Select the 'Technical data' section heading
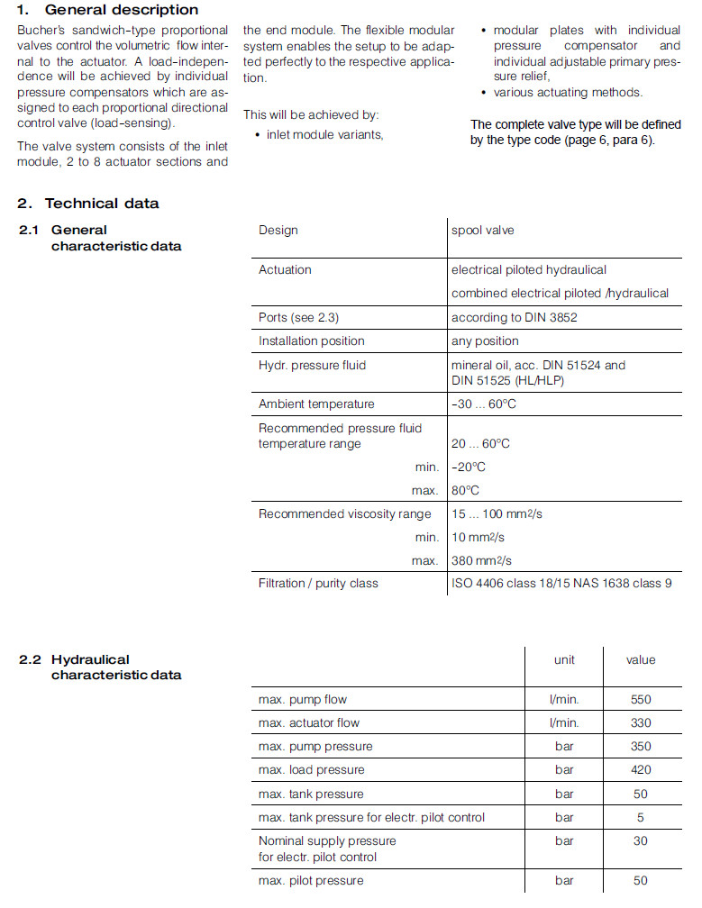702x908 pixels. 102,204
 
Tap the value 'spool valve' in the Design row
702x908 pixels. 482,231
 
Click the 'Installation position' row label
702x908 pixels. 311,341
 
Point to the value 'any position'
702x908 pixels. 485,341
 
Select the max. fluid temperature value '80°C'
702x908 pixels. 466,491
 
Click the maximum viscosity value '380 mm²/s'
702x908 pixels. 483,561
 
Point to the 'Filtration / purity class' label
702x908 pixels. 318,584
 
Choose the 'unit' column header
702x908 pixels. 564,660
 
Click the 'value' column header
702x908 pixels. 641,660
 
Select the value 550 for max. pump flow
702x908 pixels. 641,700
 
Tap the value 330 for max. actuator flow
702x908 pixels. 641,722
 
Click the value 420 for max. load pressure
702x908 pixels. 641,770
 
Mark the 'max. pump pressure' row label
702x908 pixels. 315,747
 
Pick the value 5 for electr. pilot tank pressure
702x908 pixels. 641,818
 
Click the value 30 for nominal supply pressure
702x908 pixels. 641,841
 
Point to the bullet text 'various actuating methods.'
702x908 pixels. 568,93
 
